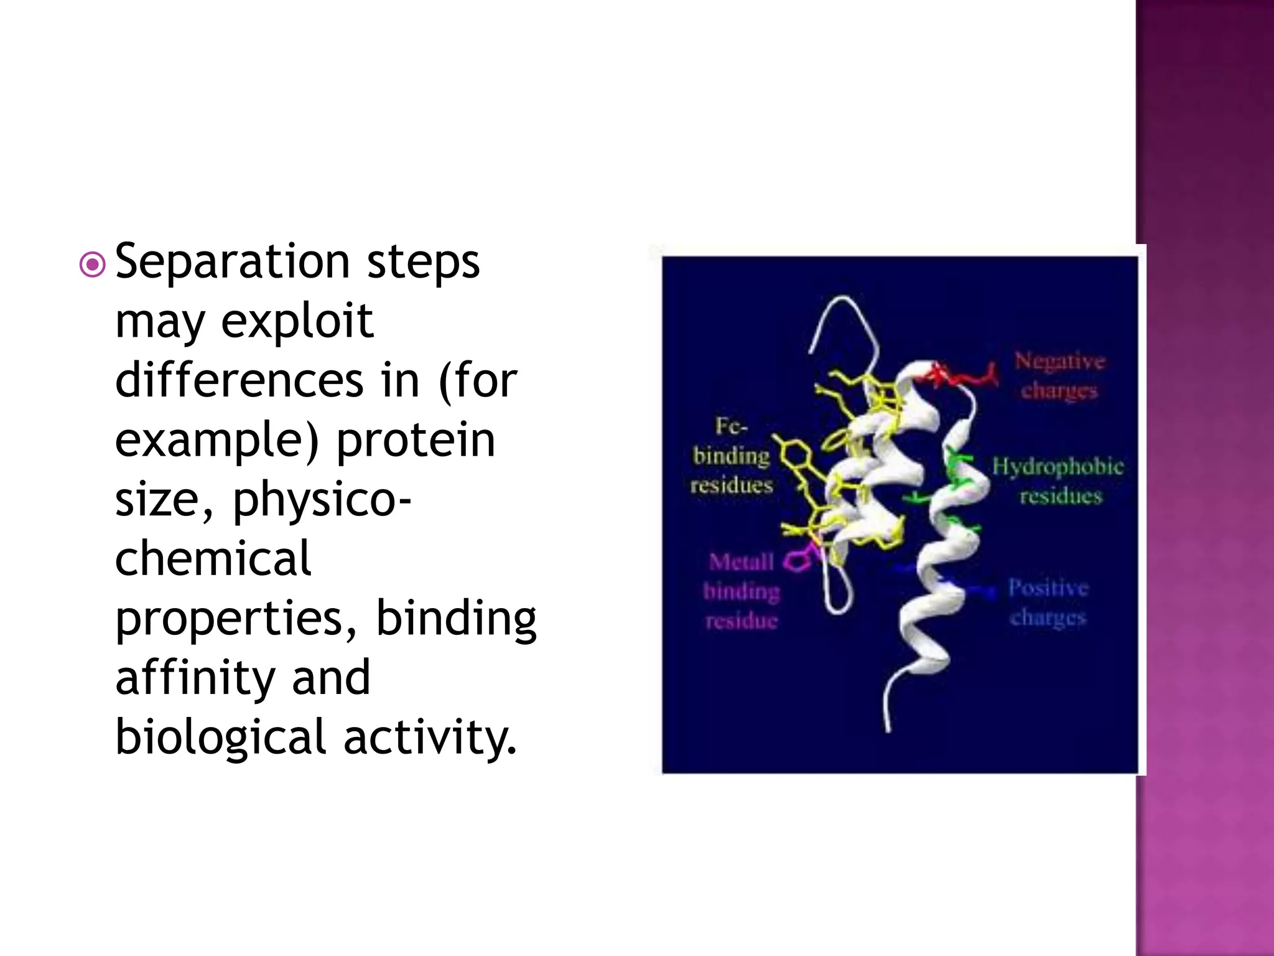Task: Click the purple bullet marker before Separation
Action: [x=93, y=265]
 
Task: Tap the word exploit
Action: [x=297, y=322]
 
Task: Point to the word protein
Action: [x=416, y=439]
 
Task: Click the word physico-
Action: [x=322, y=499]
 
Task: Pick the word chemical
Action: [x=213, y=558]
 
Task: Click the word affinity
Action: [x=194, y=677]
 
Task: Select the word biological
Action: [x=220, y=737]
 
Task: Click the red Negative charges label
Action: [x=1059, y=375]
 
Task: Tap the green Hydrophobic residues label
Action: [x=1058, y=480]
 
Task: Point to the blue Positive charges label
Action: [x=1048, y=602]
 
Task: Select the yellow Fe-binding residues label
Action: [x=732, y=456]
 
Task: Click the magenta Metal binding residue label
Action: [x=741, y=591]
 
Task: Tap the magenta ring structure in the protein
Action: [x=797, y=561]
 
